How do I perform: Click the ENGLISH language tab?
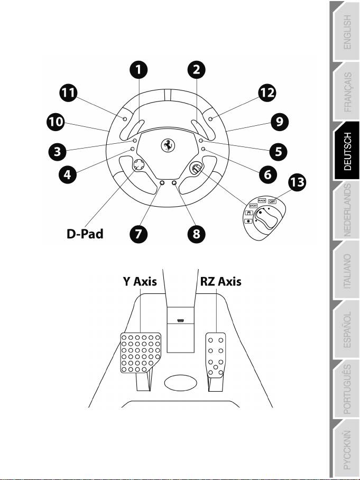point(347,32)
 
